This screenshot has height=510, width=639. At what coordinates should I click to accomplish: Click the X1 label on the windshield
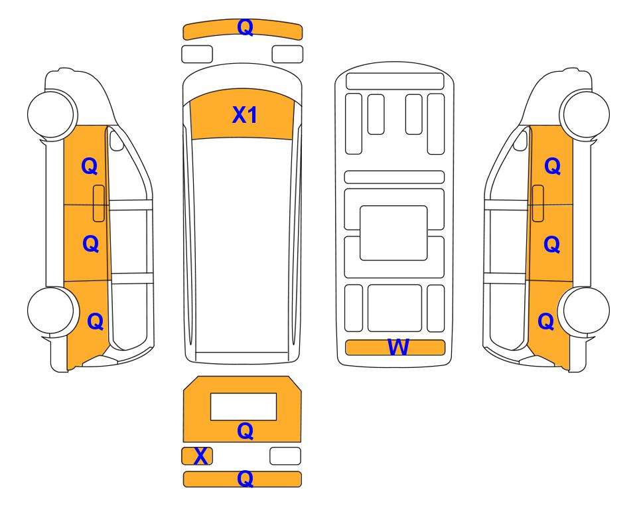pyautogui.click(x=244, y=115)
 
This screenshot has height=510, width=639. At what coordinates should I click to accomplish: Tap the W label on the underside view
pyautogui.click(x=397, y=347)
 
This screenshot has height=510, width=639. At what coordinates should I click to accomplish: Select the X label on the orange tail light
pyautogui.click(x=200, y=456)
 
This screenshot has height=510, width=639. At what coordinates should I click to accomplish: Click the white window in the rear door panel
pyautogui.click(x=244, y=406)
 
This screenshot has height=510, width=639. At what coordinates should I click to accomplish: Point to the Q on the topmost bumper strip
pyautogui.click(x=246, y=27)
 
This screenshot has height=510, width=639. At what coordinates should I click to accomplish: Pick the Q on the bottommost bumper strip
pyautogui.click(x=246, y=479)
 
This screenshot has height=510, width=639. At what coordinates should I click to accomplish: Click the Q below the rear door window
pyautogui.click(x=246, y=431)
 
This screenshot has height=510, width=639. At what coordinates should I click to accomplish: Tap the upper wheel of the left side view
pyautogui.click(x=52, y=114)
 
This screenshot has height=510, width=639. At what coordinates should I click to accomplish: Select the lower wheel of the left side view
pyautogui.click(x=52, y=311)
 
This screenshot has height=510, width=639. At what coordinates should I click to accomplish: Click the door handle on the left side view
pyautogui.click(x=99, y=203)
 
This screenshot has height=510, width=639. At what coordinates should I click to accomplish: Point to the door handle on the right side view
pyautogui.click(x=538, y=203)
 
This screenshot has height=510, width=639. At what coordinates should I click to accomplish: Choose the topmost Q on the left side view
pyautogui.click(x=90, y=166)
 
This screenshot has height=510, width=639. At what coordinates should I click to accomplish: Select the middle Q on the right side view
pyautogui.click(x=552, y=244)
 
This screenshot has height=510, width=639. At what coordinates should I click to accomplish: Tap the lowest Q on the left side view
pyautogui.click(x=96, y=321)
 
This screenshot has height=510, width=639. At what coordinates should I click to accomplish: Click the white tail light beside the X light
pyautogui.click(x=285, y=456)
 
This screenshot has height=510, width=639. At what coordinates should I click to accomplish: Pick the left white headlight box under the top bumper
pyautogui.click(x=197, y=54)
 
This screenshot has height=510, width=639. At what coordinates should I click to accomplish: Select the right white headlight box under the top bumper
pyautogui.click(x=287, y=54)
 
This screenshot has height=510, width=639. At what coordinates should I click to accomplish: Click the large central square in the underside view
pyautogui.click(x=393, y=233)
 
